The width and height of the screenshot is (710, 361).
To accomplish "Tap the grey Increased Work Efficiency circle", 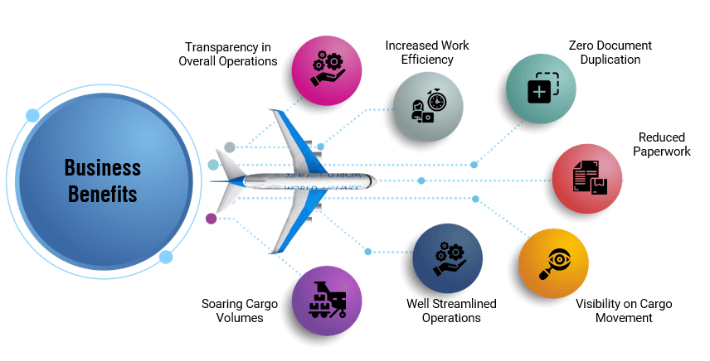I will (427, 106).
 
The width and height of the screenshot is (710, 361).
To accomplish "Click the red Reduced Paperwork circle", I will (588, 179).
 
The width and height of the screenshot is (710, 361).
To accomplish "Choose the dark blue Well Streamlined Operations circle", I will (449, 259).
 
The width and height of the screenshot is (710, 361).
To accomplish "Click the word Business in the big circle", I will (103, 168).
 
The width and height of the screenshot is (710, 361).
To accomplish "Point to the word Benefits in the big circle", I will (103, 195).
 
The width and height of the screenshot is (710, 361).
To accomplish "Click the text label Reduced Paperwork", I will (660, 144).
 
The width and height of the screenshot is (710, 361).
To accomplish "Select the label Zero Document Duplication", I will (610, 52).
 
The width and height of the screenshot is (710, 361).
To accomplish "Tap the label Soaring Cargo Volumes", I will (240, 310).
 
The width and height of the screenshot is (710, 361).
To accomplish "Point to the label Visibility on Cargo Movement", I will (624, 310).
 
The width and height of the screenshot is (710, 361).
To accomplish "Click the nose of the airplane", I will (373, 180).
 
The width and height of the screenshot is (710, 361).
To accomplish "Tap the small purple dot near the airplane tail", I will (211, 219).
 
